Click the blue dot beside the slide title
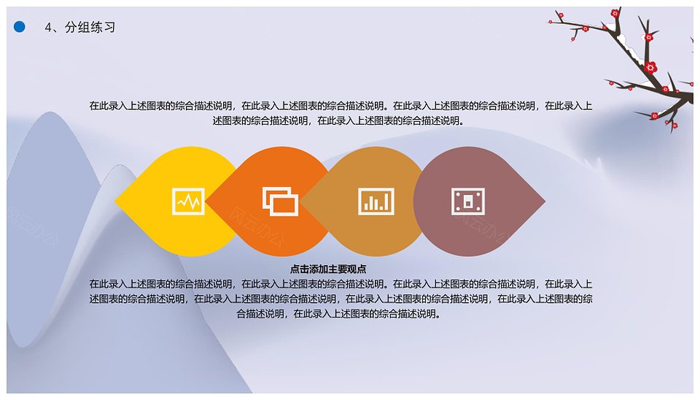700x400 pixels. click(x=19, y=27)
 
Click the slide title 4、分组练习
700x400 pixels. click(x=80, y=27)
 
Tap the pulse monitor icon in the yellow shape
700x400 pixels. click(x=188, y=201)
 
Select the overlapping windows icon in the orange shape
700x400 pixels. click(x=280, y=201)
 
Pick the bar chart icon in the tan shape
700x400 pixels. click(x=376, y=201)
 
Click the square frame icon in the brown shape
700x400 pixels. click(x=468, y=201)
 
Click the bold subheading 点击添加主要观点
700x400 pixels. click(x=328, y=269)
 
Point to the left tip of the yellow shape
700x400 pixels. click(x=115, y=201)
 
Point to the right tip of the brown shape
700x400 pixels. click(x=545, y=201)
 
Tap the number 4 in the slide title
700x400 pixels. click(x=48, y=28)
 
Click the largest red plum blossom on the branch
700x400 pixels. click(x=651, y=67)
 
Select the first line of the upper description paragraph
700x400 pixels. click(x=341, y=106)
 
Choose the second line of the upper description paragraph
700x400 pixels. click(x=338, y=120)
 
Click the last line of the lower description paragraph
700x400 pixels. click(x=339, y=314)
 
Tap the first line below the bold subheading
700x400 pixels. click(x=341, y=284)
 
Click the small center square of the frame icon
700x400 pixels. click(x=468, y=202)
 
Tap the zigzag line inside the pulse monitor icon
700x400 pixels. click(x=188, y=202)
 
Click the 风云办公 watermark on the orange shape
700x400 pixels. click(x=256, y=228)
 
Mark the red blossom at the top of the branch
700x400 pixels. click(x=615, y=12)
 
